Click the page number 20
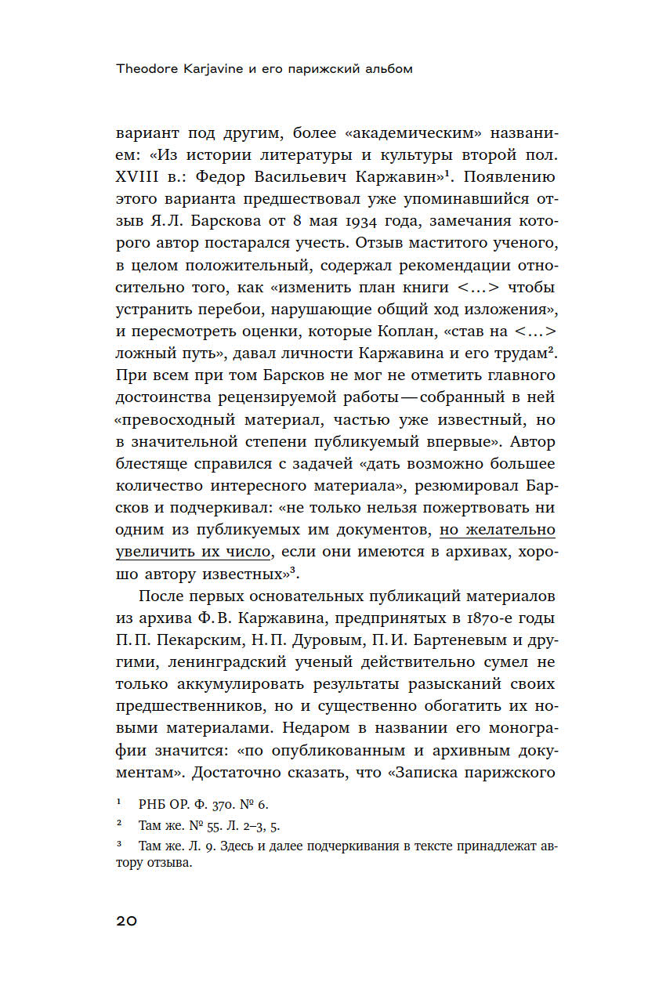126,921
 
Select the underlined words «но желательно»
497,531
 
